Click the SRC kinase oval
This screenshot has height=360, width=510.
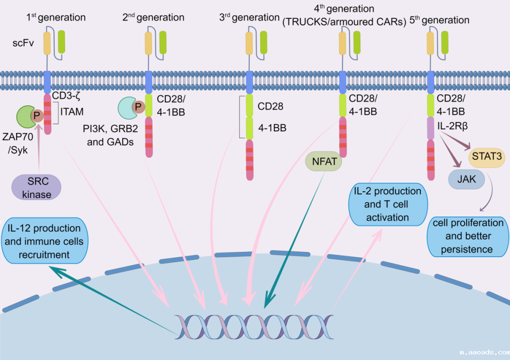[x=36, y=187]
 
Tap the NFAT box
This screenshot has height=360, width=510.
[x=324, y=162]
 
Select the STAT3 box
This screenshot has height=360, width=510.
[x=486, y=157]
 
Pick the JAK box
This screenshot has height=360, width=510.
[x=466, y=179]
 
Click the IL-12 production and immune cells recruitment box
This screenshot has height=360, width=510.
[x=44, y=242]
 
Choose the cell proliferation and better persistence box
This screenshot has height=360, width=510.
[x=467, y=236]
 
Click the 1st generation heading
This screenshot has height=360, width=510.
[x=56, y=18]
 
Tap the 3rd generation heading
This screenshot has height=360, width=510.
[x=249, y=18]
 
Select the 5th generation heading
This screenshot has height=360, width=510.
[x=439, y=20]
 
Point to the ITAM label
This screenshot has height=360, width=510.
[x=72, y=113]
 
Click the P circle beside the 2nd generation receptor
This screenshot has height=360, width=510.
[x=138, y=107]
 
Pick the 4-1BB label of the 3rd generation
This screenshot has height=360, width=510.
[x=272, y=128]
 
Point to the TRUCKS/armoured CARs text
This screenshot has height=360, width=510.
[x=344, y=22]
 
